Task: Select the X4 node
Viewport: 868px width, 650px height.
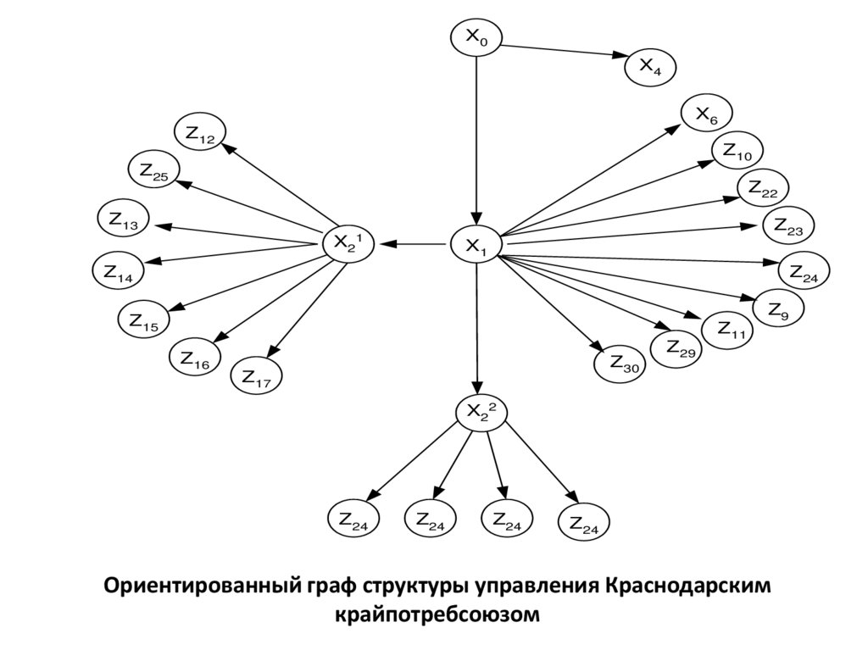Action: (650, 67)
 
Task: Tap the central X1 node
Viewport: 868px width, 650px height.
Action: (476, 246)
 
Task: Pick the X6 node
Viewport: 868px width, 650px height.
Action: (707, 114)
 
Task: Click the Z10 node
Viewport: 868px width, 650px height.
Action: (737, 152)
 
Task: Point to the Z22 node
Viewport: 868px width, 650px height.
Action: (763, 190)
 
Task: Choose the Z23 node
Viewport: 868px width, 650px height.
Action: (788, 226)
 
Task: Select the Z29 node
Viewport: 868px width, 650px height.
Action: (676, 347)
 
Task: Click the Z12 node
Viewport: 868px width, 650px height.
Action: (200, 134)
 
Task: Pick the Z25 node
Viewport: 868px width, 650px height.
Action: (153, 171)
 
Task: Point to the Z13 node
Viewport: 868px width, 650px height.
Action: (124, 218)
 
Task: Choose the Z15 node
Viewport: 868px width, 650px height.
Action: (143, 319)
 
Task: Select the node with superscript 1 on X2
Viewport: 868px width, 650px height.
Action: (348, 243)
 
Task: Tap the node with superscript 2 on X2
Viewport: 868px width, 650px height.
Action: (481, 412)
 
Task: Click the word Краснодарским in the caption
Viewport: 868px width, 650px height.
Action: (689, 586)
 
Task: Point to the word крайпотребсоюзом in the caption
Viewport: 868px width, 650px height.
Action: (437, 614)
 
